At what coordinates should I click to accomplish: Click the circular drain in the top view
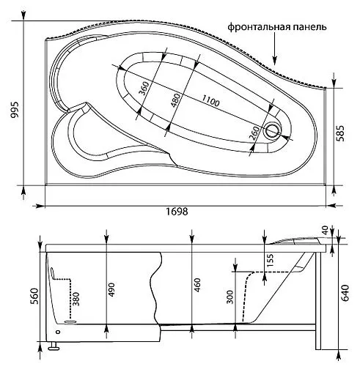(274, 130)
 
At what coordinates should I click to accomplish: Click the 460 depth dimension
(196, 286)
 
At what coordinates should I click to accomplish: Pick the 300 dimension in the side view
(229, 297)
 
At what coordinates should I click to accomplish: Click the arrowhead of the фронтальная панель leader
(274, 64)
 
